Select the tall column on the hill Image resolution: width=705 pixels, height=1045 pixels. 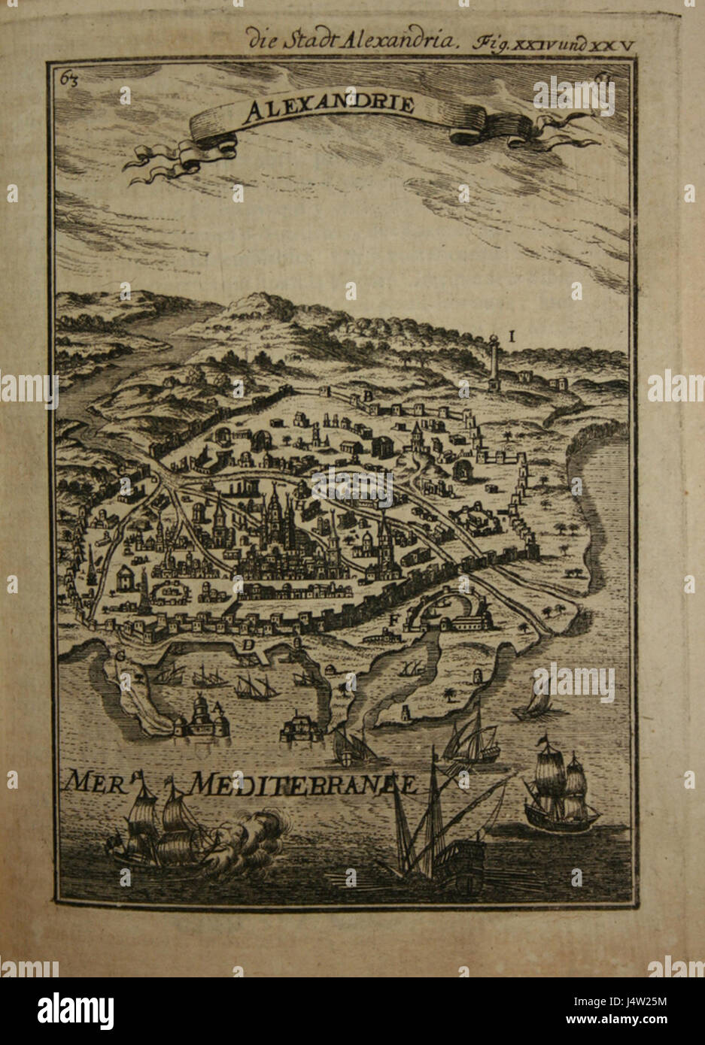[493, 361]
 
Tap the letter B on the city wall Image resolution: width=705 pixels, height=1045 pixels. [369, 396]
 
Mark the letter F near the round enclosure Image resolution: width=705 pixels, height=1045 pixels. [393, 619]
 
